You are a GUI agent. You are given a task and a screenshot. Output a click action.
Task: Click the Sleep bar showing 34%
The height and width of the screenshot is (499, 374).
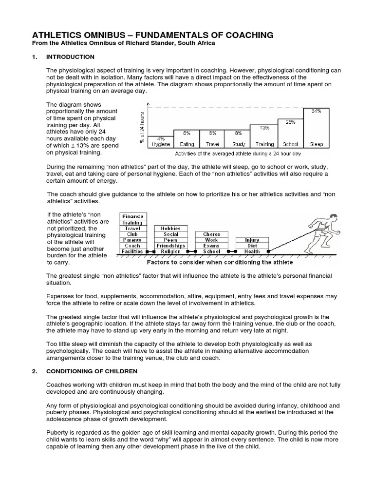coord(316,128)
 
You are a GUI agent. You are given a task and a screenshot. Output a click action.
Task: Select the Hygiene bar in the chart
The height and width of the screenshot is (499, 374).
coord(160,142)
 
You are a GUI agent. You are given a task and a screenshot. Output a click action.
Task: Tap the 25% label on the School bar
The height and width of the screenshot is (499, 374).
coord(290,122)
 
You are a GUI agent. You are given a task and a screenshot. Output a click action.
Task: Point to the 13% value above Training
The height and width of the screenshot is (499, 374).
coord(264,128)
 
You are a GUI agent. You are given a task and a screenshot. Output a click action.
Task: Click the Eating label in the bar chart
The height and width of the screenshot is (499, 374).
coord(187,144)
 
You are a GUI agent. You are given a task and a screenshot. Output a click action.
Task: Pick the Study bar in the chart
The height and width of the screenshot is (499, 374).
coord(238,139)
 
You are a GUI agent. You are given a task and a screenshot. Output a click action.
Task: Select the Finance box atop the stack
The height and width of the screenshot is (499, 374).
coord(132,216)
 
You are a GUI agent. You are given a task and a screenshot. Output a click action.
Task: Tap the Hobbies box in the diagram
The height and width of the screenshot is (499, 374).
coord(170,228)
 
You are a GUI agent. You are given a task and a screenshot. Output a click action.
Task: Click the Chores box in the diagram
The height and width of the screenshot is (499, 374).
coord(211,234)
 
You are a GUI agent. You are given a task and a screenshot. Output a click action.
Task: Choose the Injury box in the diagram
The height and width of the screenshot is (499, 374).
coord(252,240)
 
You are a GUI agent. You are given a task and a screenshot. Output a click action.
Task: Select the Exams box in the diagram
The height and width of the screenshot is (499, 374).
coord(211,246)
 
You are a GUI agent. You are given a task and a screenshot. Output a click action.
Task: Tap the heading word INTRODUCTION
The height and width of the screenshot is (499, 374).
coord(70,57)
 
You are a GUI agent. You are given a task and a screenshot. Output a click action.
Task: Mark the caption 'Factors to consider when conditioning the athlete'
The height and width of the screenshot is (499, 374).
coord(220,262)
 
